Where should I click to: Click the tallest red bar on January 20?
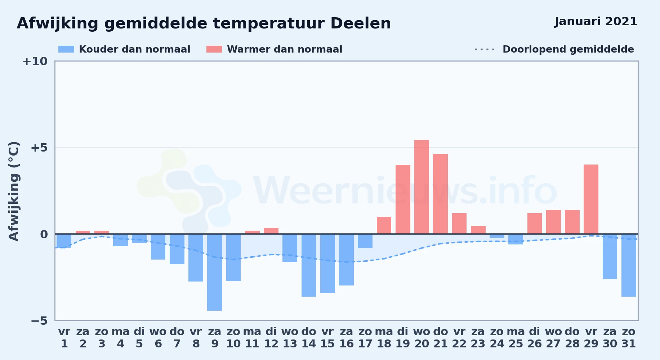(x=422, y=187)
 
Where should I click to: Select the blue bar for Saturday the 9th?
(x=214, y=272)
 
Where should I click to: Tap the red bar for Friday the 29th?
(x=591, y=199)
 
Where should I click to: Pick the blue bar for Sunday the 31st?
(x=629, y=265)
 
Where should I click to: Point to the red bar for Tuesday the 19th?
(x=403, y=199)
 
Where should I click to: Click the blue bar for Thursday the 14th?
(x=309, y=265)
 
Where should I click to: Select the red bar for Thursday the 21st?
(x=440, y=194)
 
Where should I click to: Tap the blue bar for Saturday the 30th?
(x=610, y=256)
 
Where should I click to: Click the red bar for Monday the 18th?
(x=384, y=225)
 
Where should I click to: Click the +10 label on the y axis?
(x=35, y=62)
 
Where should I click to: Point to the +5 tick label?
(x=39, y=148)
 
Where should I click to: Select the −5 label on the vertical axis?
(x=39, y=321)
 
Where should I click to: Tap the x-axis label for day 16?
(x=346, y=338)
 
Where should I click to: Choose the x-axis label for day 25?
(x=516, y=338)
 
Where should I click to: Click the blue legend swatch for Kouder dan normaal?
(x=66, y=49)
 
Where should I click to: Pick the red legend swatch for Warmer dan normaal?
(x=214, y=49)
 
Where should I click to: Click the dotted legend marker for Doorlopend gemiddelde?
(x=485, y=49)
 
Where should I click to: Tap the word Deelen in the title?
(x=361, y=23)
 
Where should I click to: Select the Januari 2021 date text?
(x=596, y=22)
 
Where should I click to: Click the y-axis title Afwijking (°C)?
(x=14, y=191)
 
